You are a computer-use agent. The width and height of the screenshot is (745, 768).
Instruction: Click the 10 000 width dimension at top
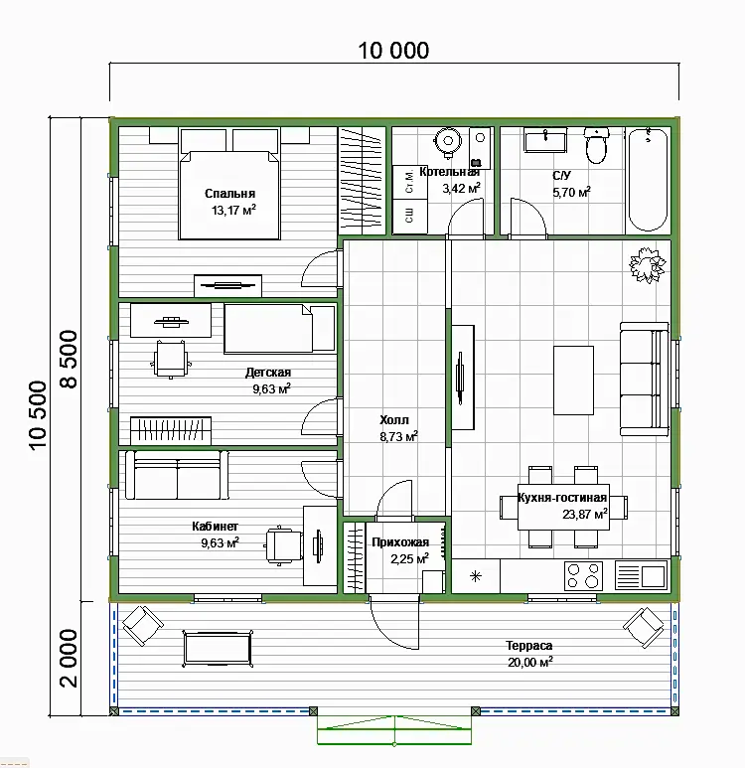393,51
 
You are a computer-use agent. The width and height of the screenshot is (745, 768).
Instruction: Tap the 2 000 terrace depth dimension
70,659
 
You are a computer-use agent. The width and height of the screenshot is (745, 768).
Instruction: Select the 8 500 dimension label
70,360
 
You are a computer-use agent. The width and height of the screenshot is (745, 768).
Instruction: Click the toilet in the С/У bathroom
596,145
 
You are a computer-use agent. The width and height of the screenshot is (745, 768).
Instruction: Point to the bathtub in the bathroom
648,180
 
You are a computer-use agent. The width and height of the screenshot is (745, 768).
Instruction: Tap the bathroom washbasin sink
545,140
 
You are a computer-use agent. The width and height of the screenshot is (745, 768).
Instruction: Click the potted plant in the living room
648,265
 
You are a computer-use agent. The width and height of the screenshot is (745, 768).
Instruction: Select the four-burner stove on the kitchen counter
583,575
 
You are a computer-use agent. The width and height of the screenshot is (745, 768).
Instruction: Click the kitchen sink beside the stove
641,575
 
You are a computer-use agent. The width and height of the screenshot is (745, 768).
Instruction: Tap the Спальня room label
229,194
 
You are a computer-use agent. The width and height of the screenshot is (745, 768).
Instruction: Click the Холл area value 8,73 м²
398,436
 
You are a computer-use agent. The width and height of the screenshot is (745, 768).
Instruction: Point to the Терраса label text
529,646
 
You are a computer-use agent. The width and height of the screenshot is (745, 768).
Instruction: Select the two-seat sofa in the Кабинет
177,475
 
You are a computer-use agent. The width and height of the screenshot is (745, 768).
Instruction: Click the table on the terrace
218,649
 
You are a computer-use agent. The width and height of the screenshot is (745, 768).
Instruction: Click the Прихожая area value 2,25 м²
409,558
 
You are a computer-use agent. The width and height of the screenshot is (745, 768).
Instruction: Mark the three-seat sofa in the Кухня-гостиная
644,380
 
